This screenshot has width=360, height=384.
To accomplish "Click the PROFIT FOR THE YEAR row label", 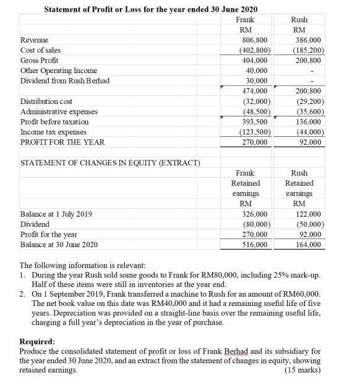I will [62, 142].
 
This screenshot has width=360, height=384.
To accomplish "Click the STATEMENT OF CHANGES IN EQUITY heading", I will [101, 163].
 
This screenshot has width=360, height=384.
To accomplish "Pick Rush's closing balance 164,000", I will [307, 245].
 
